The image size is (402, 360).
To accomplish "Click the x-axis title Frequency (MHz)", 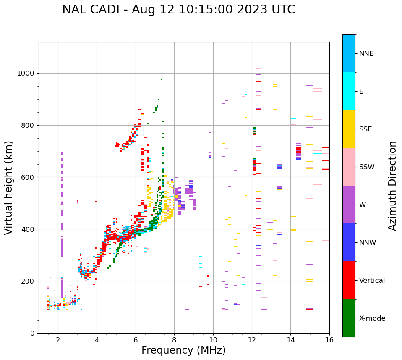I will click(x=183, y=350).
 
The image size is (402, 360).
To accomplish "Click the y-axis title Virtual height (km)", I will click(x=9, y=188).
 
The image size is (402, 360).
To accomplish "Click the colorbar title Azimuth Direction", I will click(x=392, y=186).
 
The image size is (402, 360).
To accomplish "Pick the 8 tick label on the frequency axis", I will click(x=174, y=340).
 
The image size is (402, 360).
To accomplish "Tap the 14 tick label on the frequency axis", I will click(x=290, y=340).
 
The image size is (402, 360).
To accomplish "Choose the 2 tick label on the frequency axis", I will click(x=58, y=340).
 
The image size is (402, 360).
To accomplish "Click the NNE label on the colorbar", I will click(x=366, y=54).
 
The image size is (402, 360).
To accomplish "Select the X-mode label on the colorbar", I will click(x=372, y=318).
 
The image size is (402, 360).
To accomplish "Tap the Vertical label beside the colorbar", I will click(x=372, y=281).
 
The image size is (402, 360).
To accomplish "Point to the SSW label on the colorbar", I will click(x=367, y=167).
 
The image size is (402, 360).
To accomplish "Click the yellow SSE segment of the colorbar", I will click(x=349, y=129).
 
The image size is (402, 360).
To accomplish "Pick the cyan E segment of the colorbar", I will click(x=349, y=91).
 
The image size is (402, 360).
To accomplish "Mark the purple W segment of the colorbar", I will click(x=349, y=205).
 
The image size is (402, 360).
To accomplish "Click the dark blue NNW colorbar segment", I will click(x=349, y=242).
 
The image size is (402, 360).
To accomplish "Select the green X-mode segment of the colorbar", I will click(x=349, y=318).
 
